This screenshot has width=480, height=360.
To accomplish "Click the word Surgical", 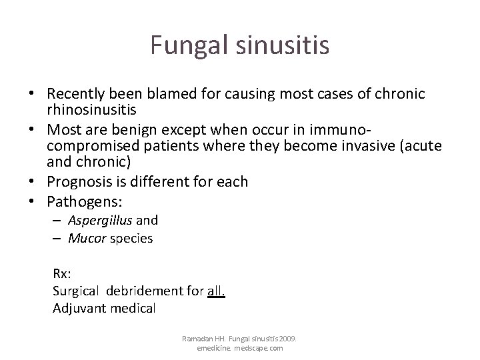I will coord(75,290).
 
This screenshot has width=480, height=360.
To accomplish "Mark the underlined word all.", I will coord(217,290).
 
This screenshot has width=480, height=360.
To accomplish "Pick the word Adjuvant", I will coord(75,307).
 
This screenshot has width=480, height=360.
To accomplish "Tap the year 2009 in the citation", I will coord(288,339).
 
